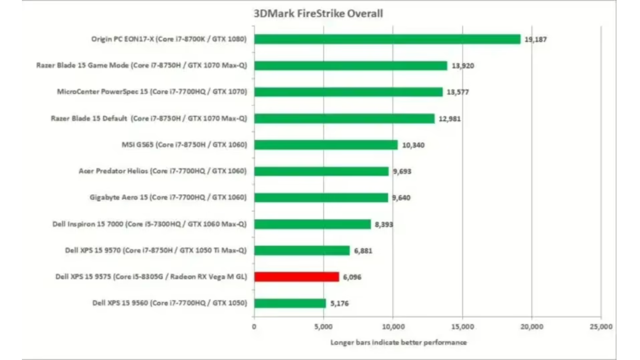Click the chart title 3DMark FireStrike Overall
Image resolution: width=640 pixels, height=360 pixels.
pos(318,14)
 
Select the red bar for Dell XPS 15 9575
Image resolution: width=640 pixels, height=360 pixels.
pos(297,277)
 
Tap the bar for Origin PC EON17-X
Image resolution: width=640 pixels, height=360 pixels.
pos(387,39)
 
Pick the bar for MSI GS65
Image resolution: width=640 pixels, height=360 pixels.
pos(326,145)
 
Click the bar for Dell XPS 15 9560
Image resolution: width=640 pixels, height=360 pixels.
pos(290,303)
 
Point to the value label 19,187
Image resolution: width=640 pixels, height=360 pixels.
pos(535,39)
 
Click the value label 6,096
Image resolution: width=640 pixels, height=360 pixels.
pos(352,277)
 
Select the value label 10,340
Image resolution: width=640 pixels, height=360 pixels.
pos(413,145)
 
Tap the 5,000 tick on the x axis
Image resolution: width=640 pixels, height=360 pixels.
pos(323,327)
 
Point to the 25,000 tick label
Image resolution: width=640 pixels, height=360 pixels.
pos(601,327)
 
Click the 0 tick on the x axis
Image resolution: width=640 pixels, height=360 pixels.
pos(254,327)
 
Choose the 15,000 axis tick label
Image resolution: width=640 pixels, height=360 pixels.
pos(462,327)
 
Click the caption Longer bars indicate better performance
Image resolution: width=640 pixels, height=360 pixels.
pos(398,342)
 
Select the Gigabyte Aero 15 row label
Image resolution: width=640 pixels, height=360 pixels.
pos(168,197)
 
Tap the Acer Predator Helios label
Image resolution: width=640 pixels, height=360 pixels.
pos(163,171)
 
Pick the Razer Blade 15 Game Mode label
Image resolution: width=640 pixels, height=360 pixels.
pos(142,65)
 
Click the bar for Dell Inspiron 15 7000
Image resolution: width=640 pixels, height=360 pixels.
pos(312,224)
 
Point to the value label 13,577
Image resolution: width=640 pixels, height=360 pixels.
pos(457,92)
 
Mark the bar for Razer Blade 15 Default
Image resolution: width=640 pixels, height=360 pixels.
pos(344,118)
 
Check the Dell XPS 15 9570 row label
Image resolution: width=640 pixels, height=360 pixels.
pos(156,250)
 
